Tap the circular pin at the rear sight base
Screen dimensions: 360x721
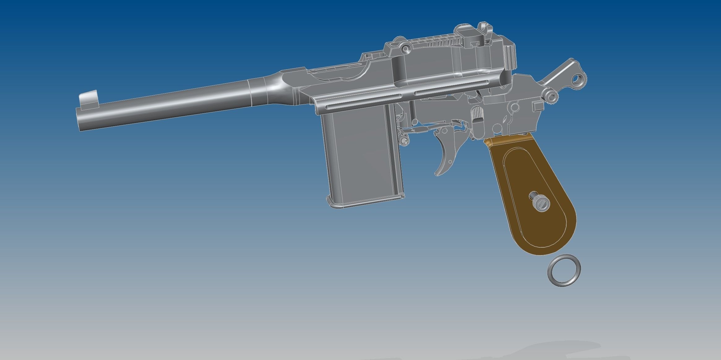pyautogui.click(x=405, y=48)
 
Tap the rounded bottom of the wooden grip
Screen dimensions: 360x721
pyautogui.click(x=554, y=248)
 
